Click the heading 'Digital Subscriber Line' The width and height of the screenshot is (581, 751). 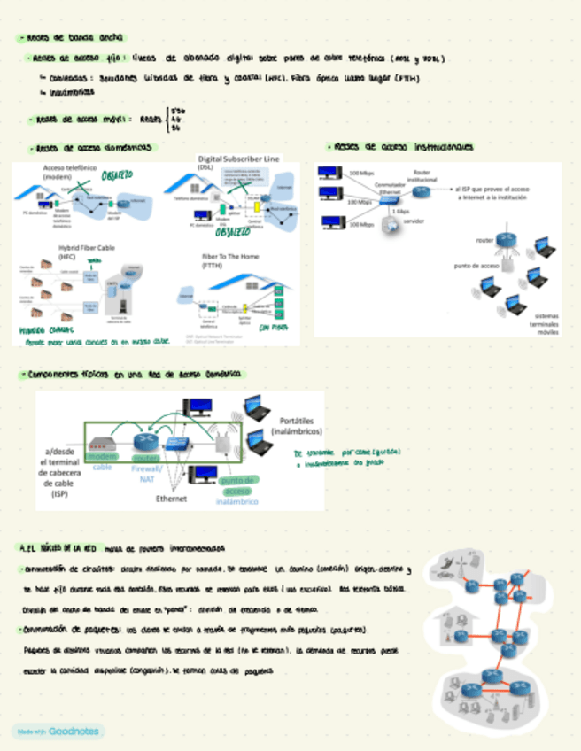point(238,158)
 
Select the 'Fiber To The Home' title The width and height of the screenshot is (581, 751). point(228,259)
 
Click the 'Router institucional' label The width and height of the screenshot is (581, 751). point(421,175)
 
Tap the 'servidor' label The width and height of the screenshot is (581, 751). point(414,221)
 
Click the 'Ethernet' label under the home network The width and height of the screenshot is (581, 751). point(171,499)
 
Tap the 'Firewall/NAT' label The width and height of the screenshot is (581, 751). point(146,472)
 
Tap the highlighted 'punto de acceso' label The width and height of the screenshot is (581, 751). point(236,485)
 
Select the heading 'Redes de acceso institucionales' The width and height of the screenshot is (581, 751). point(403,146)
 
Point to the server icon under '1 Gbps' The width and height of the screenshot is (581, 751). point(390,228)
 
